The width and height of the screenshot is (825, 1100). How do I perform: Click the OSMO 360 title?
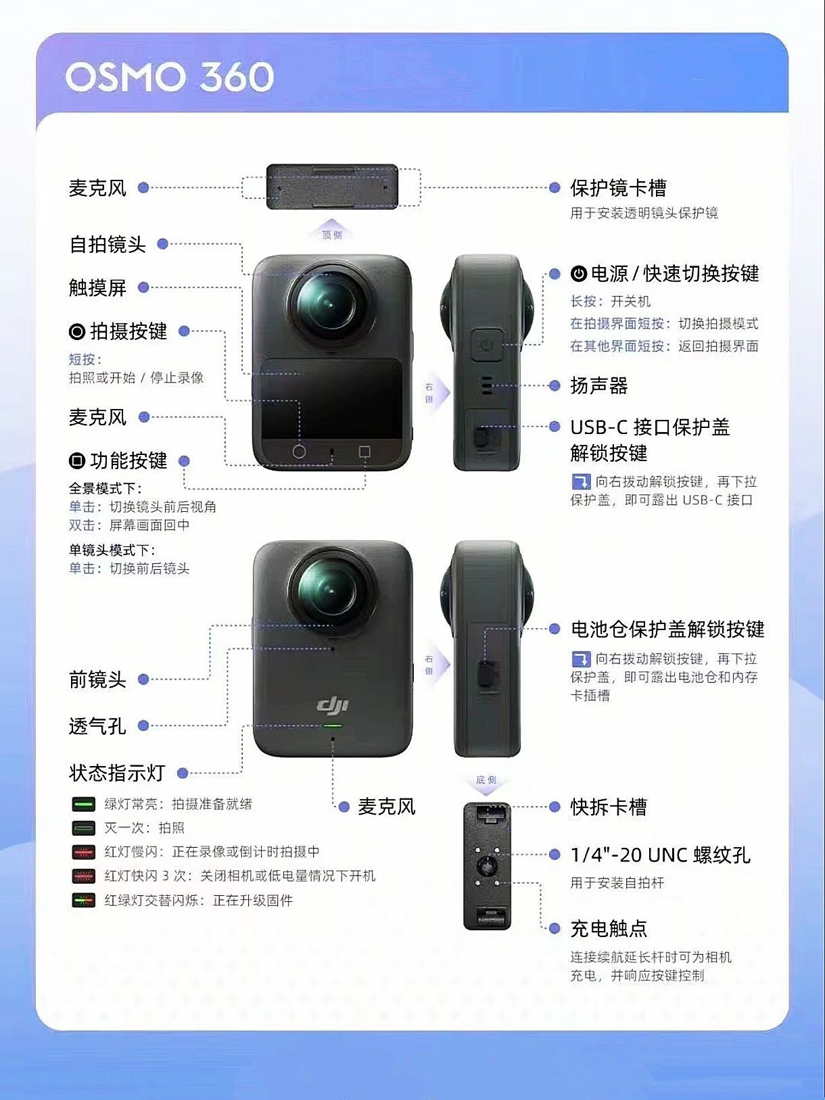tap(170, 77)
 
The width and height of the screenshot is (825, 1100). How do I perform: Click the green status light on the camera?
tap(333, 725)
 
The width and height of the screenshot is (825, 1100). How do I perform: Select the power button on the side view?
tap(487, 344)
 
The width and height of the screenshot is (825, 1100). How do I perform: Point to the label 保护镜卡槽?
tap(619, 188)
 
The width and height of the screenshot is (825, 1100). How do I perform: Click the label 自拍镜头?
tap(108, 245)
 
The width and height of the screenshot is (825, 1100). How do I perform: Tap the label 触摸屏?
tap(98, 287)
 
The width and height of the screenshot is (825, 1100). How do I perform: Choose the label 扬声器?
tap(599, 385)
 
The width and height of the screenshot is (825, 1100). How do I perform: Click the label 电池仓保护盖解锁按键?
tap(667, 629)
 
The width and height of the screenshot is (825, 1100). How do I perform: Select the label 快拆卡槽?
tap(609, 807)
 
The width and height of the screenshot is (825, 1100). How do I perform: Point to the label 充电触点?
tap(609, 928)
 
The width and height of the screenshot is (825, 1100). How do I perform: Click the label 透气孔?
tap(97, 725)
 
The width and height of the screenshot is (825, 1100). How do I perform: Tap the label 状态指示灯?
tap(117, 773)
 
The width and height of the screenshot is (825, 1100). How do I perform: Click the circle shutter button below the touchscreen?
tap(299, 452)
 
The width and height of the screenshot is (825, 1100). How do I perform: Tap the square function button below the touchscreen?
tap(365, 452)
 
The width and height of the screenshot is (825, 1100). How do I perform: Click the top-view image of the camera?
tap(332, 187)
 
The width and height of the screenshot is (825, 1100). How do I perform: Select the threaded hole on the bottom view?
tap(487, 865)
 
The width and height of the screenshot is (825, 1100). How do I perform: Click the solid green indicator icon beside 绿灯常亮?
tap(83, 805)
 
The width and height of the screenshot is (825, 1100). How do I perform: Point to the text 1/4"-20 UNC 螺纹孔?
tap(661, 855)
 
